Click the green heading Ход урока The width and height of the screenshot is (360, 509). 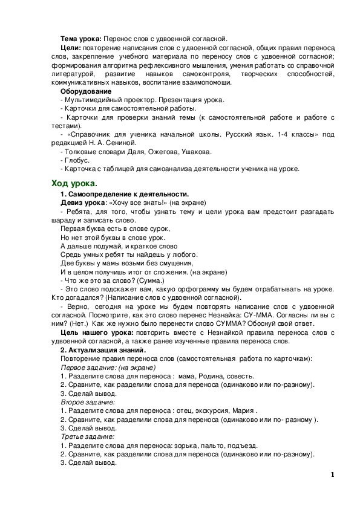[x=74, y=183]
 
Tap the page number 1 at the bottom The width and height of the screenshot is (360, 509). [x=332, y=475]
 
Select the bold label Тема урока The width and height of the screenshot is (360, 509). [x=82, y=37]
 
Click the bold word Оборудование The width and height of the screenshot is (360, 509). [x=85, y=91]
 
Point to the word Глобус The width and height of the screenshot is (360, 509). [x=77, y=160]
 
